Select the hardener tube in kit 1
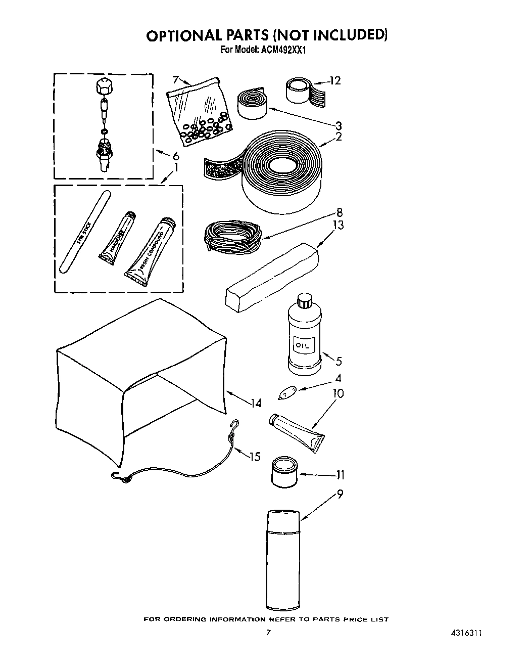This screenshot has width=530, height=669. [117, 238]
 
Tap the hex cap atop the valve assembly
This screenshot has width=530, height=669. [104, 87]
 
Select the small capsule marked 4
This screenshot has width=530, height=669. [287, 392]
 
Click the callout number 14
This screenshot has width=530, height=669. [257, 403]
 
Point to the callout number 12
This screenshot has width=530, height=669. [335, 80]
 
